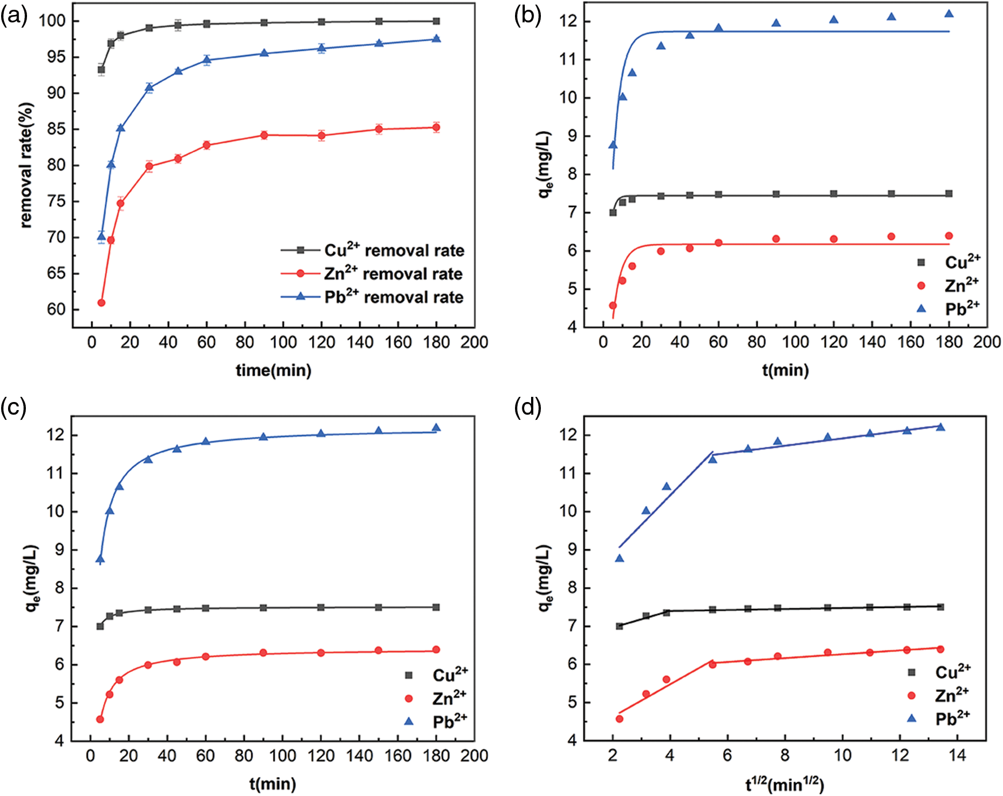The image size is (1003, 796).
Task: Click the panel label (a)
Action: tap(14, 17)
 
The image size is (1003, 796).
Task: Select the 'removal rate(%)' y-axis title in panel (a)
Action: tap(26, 166)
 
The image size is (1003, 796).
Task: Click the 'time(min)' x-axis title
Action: tap(274, 370)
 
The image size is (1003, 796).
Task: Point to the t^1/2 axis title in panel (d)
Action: tap(785, 784)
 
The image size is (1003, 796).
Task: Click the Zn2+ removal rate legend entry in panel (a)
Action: tap(393, 274)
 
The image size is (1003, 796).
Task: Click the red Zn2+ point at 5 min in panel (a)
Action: tap(101, 303)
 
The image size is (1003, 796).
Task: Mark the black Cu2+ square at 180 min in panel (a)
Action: tap(436, 21)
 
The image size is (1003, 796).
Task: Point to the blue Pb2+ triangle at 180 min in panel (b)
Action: tap(949, 14)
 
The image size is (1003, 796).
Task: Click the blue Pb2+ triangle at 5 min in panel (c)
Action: tap(100, 558)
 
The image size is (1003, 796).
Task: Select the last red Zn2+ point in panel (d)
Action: tap(940, 649)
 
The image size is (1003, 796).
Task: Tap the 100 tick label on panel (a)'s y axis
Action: tap(52, 21)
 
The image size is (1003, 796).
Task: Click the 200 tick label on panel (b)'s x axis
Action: tap(987, 342)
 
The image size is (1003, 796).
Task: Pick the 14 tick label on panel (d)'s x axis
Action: tap(958, 755)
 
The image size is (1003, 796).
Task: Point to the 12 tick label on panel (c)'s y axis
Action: tap(56, 435)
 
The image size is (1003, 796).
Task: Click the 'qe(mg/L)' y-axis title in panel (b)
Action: tap(545, 166)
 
